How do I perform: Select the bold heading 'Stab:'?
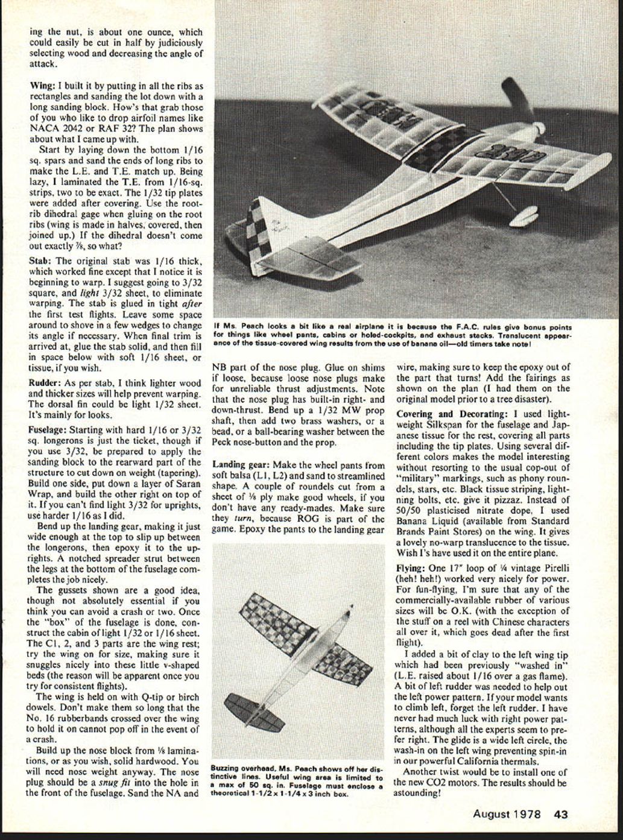click(41, 261)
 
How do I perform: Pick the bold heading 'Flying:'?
click(410, 568)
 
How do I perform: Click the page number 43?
click(561, 813)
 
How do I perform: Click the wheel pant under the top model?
click(523, 215)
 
